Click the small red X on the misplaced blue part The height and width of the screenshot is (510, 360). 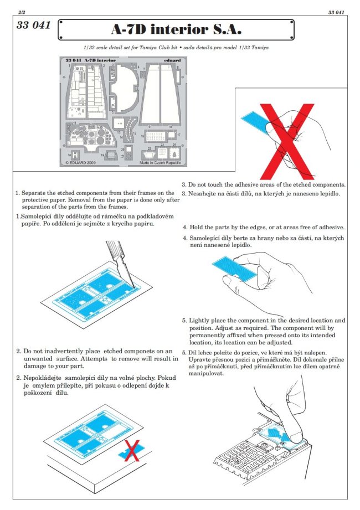(x=132, y=450)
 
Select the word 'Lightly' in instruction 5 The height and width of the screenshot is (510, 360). (x=201, y=321)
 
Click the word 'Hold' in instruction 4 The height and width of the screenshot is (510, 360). (x=198, y=228)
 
